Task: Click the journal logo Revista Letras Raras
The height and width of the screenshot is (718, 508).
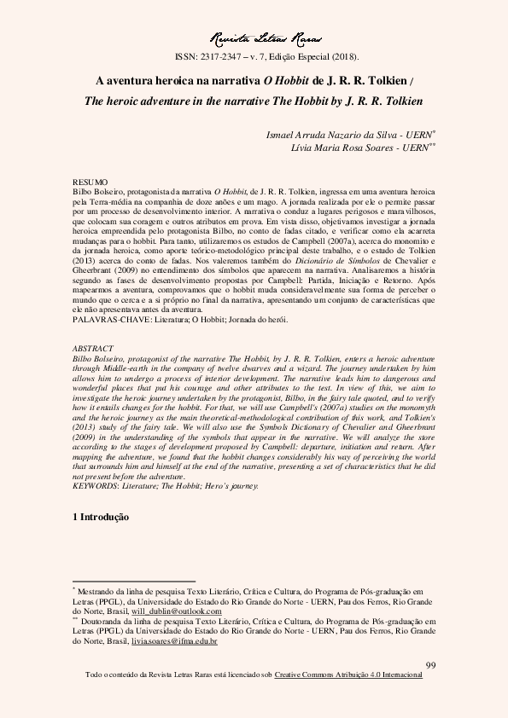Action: point(253,38)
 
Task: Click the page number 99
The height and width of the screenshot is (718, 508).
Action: point(430,665)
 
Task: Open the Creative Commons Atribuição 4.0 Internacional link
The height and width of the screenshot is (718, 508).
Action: point(348,675)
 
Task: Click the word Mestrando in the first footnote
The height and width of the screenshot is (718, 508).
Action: point(102,590)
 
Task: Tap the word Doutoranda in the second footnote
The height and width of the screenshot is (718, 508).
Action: point(107,622)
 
